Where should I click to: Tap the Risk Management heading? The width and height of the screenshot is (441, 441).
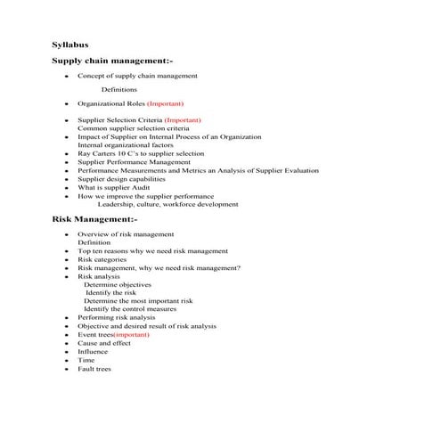[x=94, y=218]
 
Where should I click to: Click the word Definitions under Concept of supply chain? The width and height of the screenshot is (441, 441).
[x=119, y=90]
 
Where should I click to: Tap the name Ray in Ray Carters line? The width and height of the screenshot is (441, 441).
[x=84, y=154]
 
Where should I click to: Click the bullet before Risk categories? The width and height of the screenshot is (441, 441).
[x=67, y=259]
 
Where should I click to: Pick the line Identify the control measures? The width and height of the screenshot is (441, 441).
[x=129, y=309]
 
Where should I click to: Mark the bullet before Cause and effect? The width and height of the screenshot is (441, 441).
[x=67, y=343]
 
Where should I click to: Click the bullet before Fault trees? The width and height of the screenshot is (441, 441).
[x=67, y=368]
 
